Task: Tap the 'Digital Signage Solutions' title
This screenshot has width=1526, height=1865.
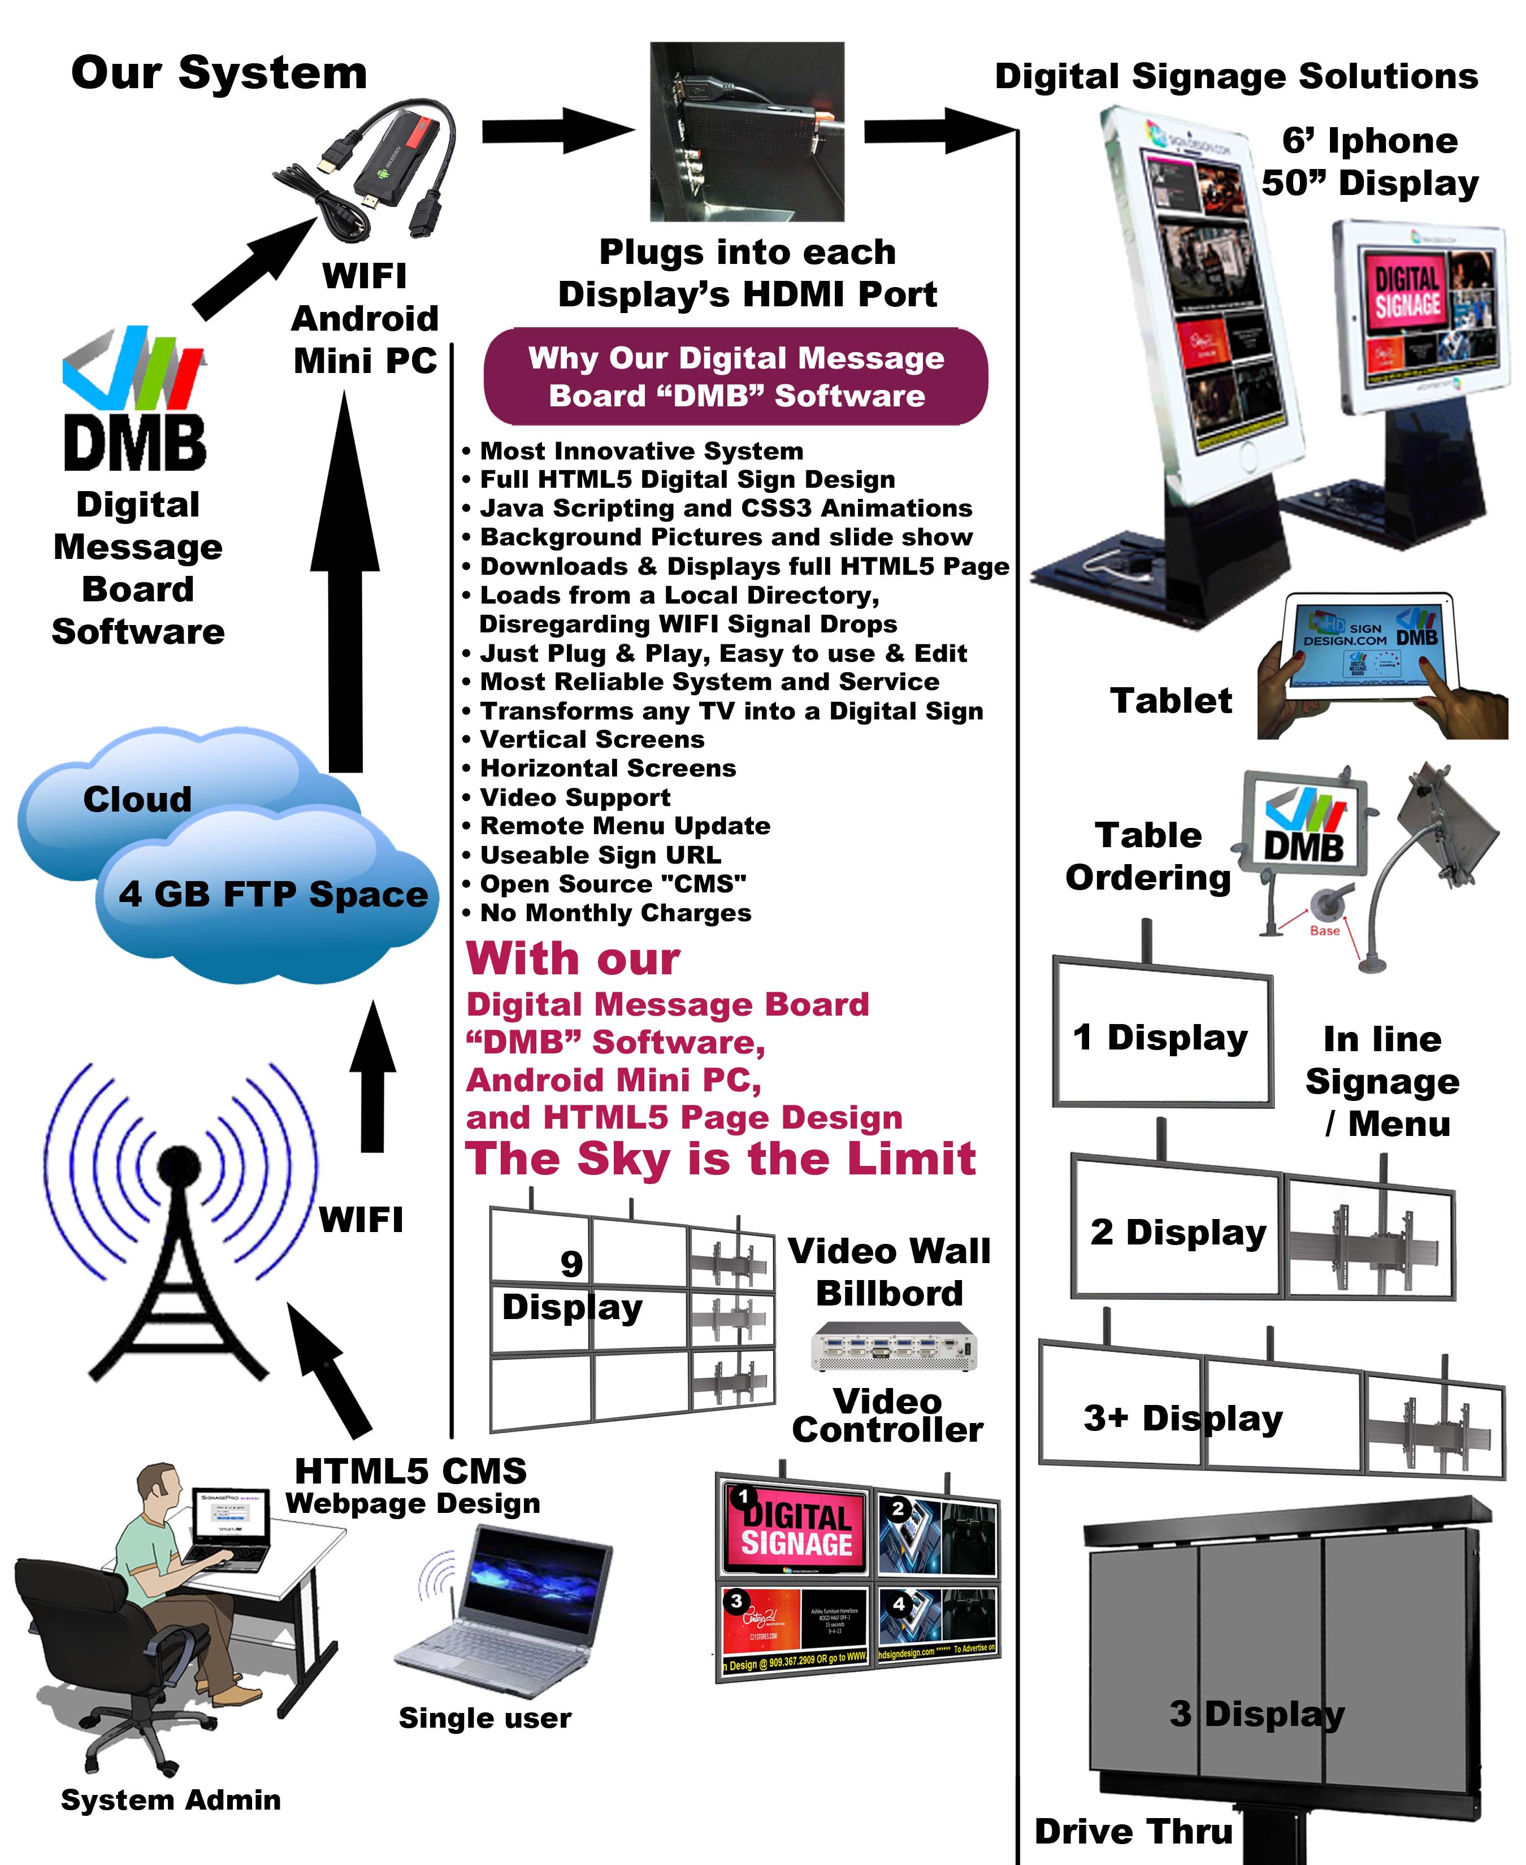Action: tap(1236, 76)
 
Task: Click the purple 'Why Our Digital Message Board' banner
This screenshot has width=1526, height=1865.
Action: tap(736, 376)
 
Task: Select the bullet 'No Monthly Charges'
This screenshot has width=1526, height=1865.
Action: tap(615, 913)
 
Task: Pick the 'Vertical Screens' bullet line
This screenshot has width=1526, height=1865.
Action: tap(592, 739)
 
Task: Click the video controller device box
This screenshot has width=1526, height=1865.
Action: tap(893, 1346)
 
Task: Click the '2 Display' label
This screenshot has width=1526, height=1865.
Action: tap(1178, 1232)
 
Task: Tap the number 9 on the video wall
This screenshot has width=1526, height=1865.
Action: tap(571, 1264)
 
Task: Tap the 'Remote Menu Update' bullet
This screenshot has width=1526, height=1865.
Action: tap(624, 826)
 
